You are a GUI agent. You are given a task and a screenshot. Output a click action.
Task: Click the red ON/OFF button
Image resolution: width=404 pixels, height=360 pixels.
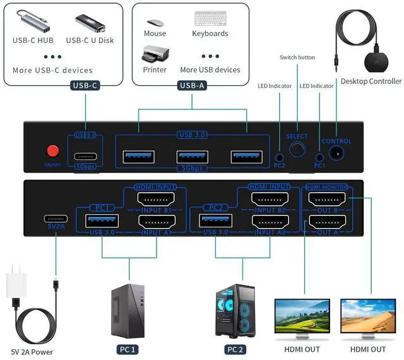click(53, 152)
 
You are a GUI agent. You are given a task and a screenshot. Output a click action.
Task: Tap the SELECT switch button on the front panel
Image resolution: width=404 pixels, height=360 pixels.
click(296, 150)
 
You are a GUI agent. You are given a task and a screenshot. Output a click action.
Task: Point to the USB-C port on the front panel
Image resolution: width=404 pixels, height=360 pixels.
click(85, 157)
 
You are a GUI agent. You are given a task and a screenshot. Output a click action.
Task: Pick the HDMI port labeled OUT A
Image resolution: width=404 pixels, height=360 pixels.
click(327, 222)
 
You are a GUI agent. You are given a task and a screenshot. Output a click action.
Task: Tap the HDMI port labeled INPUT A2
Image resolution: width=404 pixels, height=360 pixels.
click(270, 222)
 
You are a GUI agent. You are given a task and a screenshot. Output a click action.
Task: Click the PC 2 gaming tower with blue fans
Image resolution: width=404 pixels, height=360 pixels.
click(235, 310)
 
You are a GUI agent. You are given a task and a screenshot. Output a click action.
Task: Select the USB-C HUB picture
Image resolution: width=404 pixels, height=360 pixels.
click(35, 21)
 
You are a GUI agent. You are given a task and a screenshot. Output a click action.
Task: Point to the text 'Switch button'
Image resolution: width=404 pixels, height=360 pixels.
click(297, 57)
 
